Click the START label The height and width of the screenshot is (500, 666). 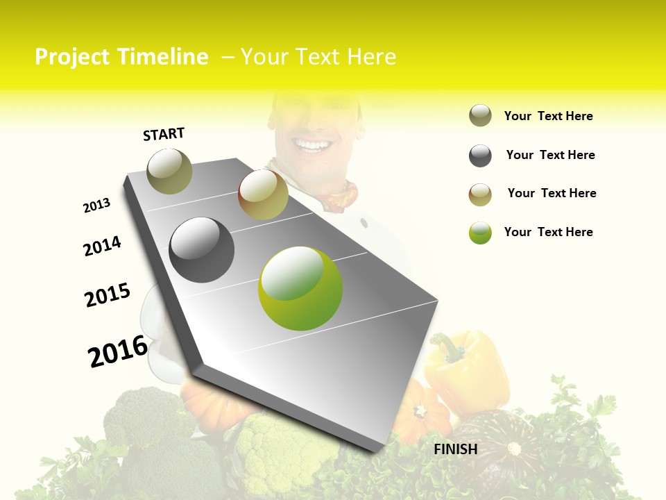click(x=164, y=134)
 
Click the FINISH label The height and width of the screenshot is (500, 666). click(x=455, y=449)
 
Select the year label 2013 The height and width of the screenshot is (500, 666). click(x=96, y=206)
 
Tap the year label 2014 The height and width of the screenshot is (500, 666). click(x=102, y=246)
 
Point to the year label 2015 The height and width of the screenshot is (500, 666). click(x=108, y=295)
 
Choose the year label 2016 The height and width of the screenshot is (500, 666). click(x=117, y=351)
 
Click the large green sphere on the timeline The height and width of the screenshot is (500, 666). click(x=300, y=288)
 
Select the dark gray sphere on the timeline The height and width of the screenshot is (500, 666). click(x=202, y=249)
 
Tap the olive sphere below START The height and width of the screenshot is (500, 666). click(x=169, y=171)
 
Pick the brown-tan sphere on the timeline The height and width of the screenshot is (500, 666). click(x=263, y=194)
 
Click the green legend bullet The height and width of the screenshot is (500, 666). click(x=480, y=233)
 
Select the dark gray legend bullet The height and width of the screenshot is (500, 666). click(x=480, y=156)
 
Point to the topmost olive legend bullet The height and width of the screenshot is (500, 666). click(x=480, y=116)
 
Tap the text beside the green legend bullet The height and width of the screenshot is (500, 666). click(x=548, y=232)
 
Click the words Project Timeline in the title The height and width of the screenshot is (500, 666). click(x=121, y=57)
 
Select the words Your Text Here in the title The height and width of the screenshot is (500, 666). click(x=318, y=57)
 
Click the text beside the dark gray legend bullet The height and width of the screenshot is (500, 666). click(x=550, y=155)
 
